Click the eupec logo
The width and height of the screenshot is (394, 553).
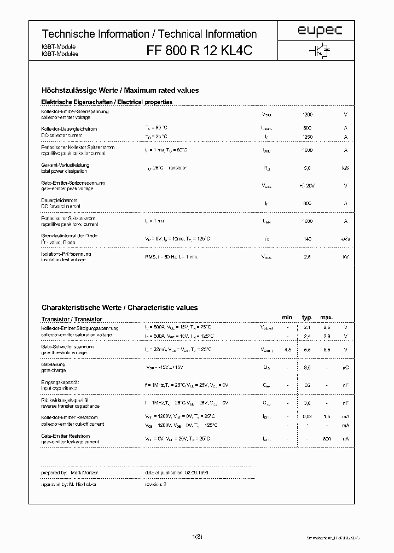[320, 32]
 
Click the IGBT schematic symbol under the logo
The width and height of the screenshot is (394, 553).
[320, 50]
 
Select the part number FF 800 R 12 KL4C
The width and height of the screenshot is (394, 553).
[199, 50]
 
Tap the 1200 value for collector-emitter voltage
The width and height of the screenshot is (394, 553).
[308, 115]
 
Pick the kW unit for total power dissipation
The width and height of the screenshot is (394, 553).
[345, 168]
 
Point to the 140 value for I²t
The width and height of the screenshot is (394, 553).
[307, 239]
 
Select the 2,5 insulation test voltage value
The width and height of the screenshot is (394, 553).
[307, 257]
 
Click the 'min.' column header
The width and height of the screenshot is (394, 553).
[288, 317]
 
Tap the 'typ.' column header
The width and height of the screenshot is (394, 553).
[307, 317]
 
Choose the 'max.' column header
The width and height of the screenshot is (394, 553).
[327, 317]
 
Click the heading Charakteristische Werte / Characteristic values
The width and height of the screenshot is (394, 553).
[120, 308]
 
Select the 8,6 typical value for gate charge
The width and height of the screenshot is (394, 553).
[307, 368]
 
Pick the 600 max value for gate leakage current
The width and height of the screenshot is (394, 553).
[327, 439]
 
